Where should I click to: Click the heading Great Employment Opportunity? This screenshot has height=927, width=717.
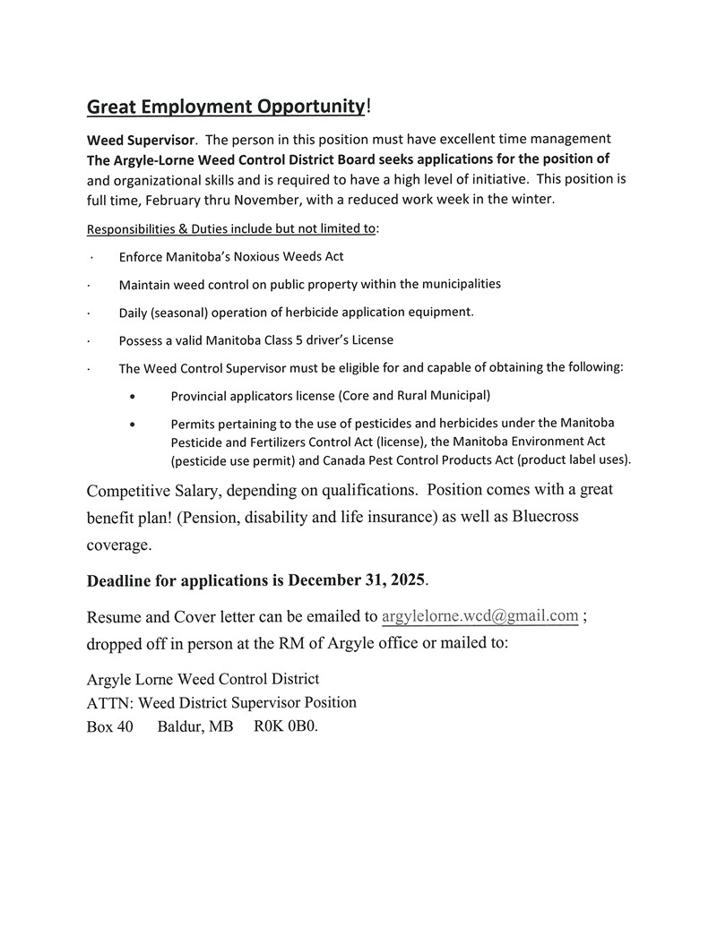(226, 107)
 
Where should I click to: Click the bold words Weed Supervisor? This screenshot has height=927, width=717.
(140, 140)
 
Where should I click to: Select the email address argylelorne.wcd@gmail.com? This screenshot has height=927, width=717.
(479, 616)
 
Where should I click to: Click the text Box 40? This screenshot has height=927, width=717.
(109, 726)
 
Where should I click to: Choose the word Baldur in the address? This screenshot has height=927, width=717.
(182, 726)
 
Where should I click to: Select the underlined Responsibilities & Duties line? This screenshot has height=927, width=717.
(230, 228)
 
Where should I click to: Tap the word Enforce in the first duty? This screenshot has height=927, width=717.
(142, 257)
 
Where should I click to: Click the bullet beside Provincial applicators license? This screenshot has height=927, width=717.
(134, 396)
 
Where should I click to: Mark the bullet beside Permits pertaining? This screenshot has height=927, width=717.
(134, 425)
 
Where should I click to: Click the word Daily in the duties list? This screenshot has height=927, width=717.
(134, 313)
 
